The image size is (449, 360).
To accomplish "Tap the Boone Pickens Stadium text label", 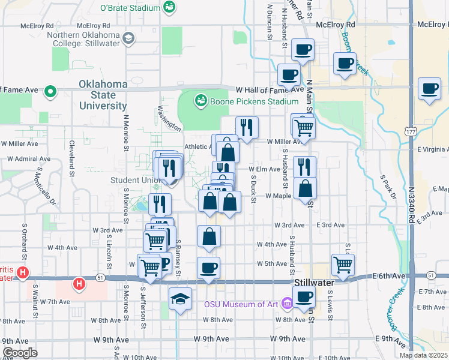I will point(246,101).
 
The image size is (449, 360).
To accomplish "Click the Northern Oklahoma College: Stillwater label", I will point(84,39).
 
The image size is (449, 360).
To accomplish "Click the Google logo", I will point(20,353).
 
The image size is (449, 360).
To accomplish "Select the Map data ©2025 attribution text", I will point(423,355).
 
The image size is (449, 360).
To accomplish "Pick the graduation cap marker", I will point(180,298).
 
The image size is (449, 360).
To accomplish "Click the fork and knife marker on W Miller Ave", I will point(247,127).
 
